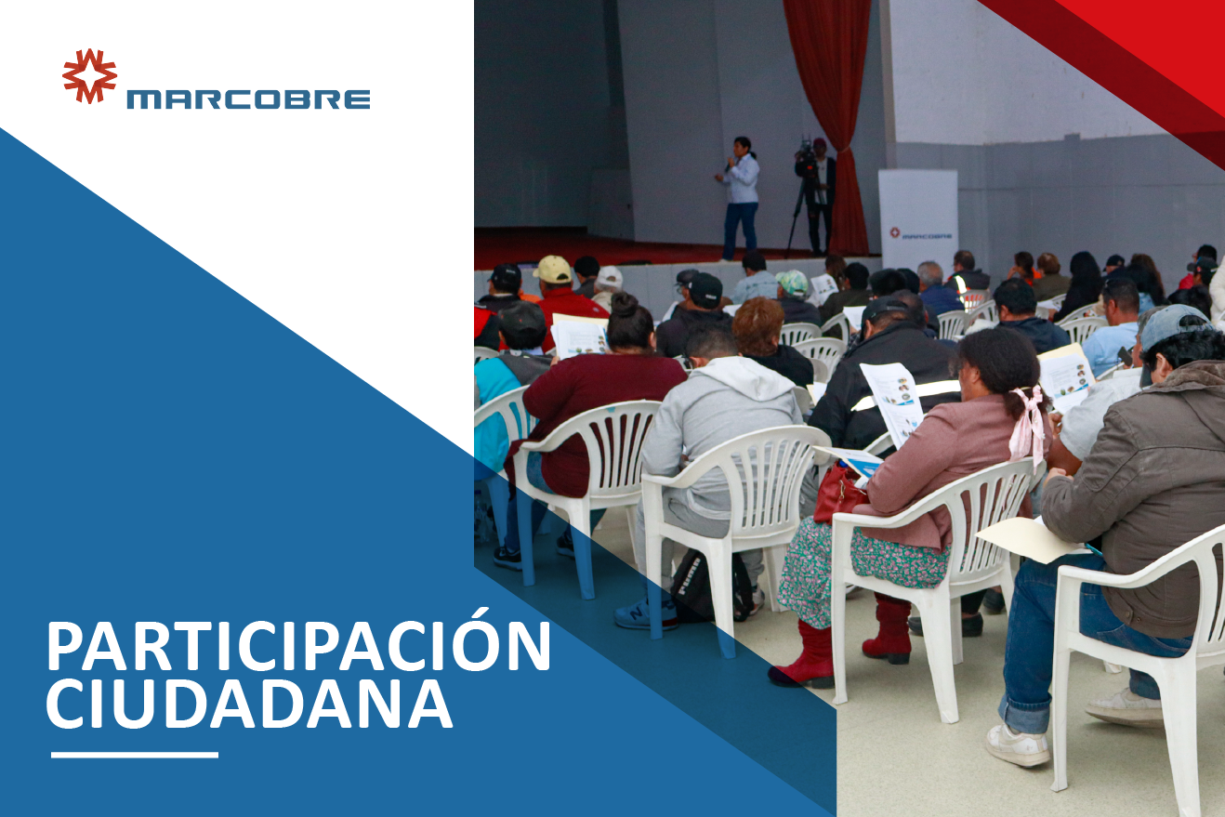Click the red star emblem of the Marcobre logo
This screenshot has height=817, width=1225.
[89, 76]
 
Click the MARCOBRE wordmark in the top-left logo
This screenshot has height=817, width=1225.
[248, 99]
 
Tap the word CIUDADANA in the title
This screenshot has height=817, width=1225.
[249, 705]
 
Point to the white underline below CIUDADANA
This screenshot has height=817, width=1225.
[135, 756]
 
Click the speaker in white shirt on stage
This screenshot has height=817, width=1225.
[740, 198]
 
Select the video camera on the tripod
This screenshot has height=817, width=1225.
[806, 155]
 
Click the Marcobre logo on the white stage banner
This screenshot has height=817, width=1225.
[921, 234]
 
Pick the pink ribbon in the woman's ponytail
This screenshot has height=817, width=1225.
[1028, 421]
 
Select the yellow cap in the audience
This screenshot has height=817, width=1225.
[552, 269]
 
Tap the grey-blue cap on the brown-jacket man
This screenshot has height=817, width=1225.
[1170, 332]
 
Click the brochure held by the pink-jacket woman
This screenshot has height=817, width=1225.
[890, 403]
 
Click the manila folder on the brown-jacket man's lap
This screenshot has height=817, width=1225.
[1032, 538]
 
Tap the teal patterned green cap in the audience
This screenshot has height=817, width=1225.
[792, 283]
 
